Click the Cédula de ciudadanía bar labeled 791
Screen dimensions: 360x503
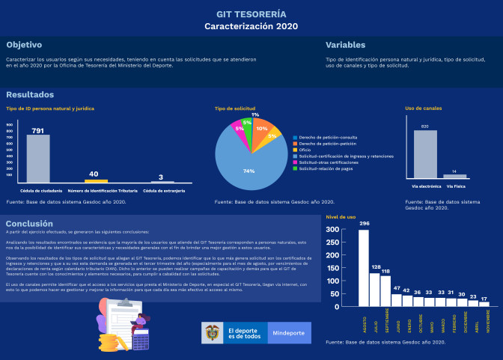click(x=38, y=159)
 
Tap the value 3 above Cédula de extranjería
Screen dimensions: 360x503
click(x=162, y=177)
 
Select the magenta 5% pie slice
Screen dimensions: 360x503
click(x=240, y=128)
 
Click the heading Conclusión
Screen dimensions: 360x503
click(x=29, y=223)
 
